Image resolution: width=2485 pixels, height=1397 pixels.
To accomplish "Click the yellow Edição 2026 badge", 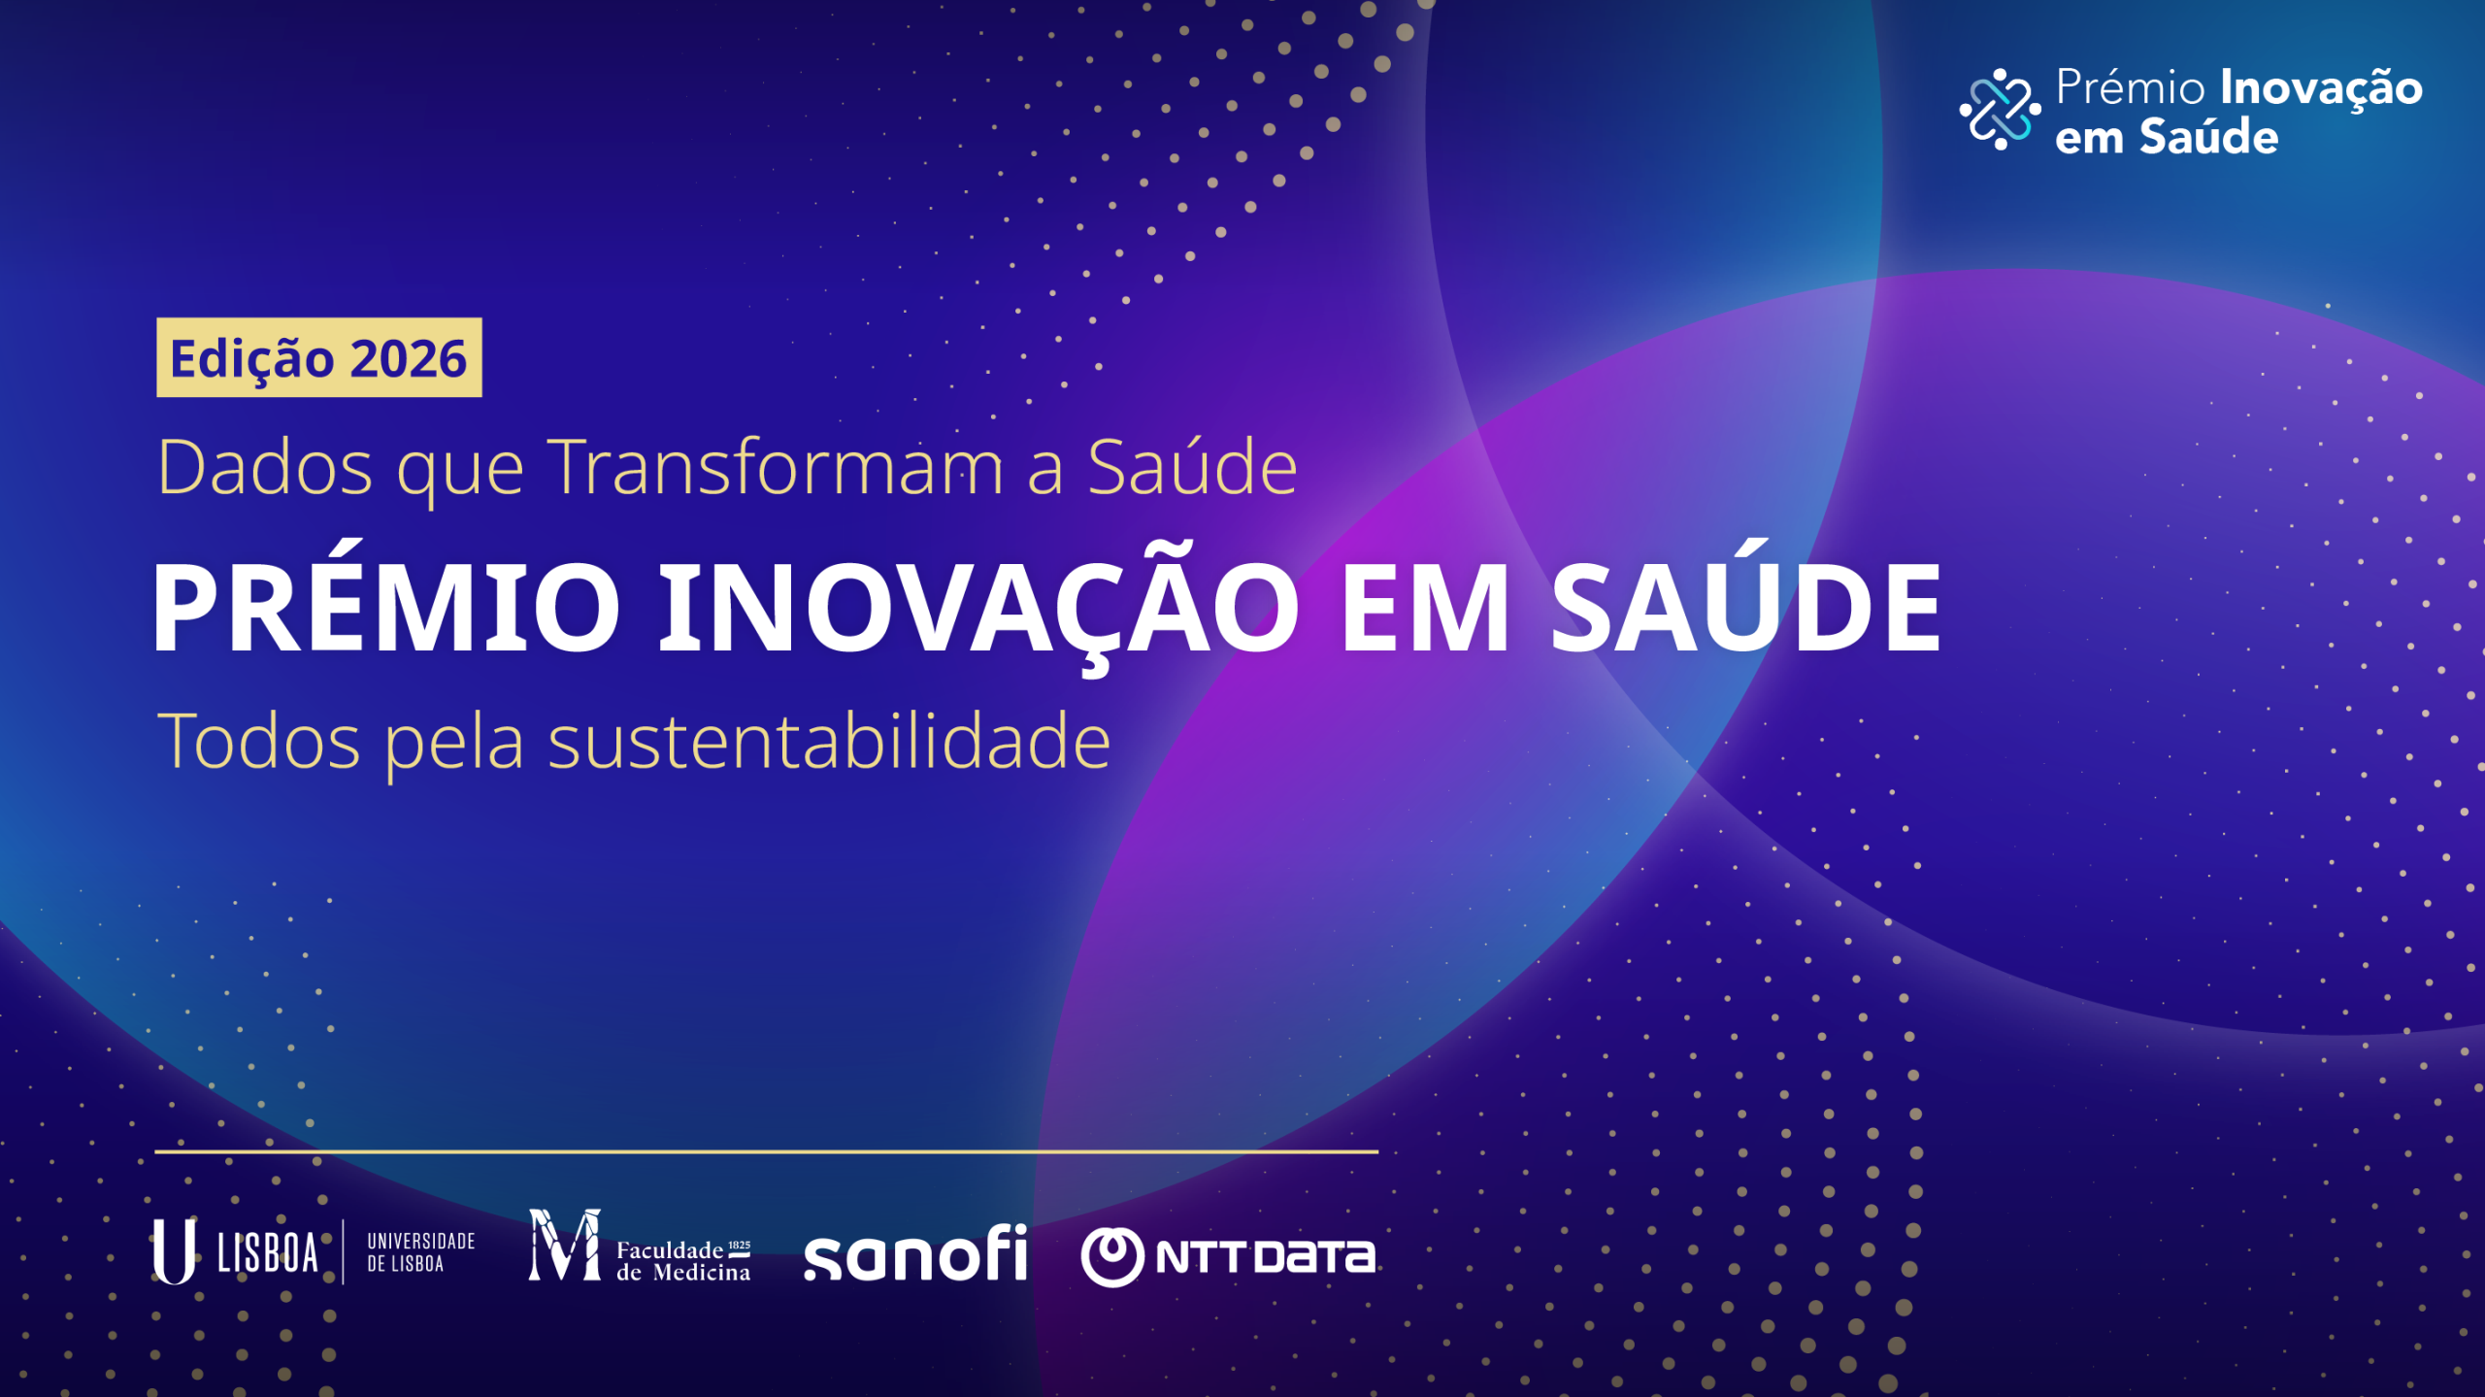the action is [x=319, y=357].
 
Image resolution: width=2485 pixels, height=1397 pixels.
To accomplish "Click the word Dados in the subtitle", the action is [x=264, y=467].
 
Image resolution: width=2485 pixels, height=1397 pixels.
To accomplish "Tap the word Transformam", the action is [x=776, y=467].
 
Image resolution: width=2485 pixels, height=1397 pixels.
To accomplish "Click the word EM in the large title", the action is [x=1425, y=608].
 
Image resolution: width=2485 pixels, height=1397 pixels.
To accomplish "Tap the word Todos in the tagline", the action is [x=259, y=742].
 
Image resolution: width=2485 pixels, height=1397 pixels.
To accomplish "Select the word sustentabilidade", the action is [x=829, y=741].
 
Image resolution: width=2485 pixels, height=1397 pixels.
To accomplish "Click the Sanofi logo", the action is [x=915, y=1252].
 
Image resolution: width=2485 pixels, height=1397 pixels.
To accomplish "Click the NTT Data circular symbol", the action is [x=1112, y=1257].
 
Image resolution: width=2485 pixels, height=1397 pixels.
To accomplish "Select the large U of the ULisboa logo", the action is [x=174, y=1251].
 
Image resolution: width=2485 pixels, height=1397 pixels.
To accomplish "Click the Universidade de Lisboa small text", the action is [x=421, y=1252].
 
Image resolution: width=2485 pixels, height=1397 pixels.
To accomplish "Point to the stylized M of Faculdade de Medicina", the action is [x=565, y=1245].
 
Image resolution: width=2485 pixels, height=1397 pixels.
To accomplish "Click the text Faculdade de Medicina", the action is [x=683, y=1261].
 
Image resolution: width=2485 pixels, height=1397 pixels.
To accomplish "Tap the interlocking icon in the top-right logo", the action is [x=2000, y=109].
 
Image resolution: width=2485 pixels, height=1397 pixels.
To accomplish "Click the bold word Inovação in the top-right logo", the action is [x=2321, y=89].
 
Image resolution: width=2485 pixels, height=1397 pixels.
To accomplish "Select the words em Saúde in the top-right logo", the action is [x=2167, y=137].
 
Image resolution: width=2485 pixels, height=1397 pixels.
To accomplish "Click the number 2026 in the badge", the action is [x=409, y=359].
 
